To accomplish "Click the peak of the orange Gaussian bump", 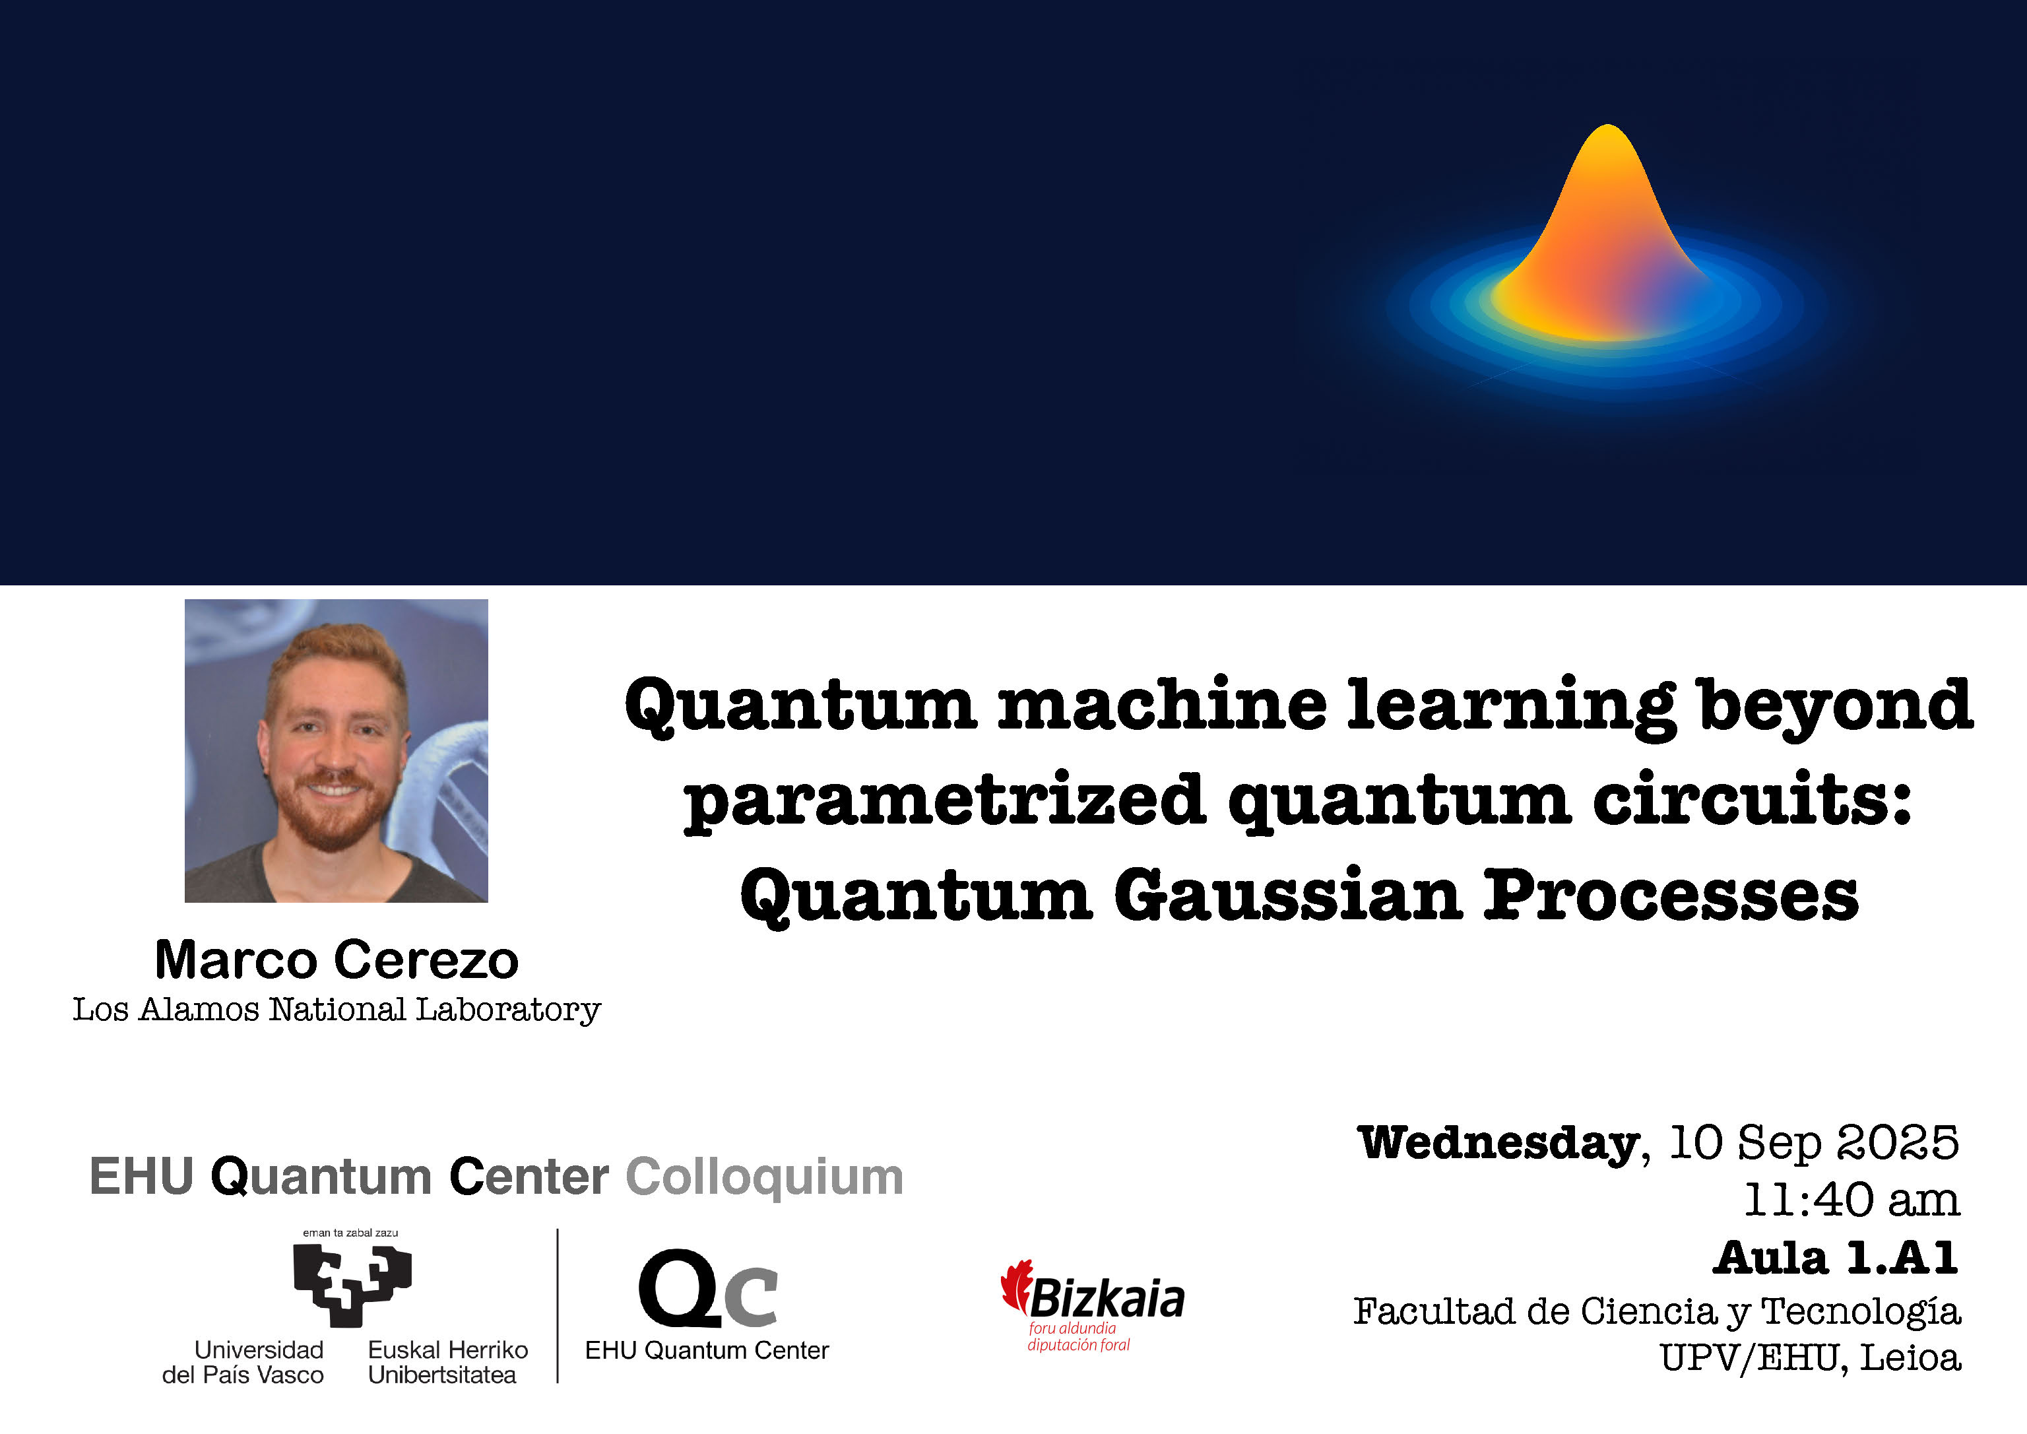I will (x=1607, y=133).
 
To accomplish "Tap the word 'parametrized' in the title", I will (x=945, y=802).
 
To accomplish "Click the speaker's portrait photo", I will (x=335, y=750).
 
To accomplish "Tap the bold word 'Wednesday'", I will (x=1498, y=1144).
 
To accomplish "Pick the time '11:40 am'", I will (x=1851, y=1200).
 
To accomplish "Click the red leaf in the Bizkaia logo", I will (x=1016, y=1285).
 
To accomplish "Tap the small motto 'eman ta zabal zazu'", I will (x=350, y=1233).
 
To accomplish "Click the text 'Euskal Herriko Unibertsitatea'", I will (x=447, y=1363).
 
